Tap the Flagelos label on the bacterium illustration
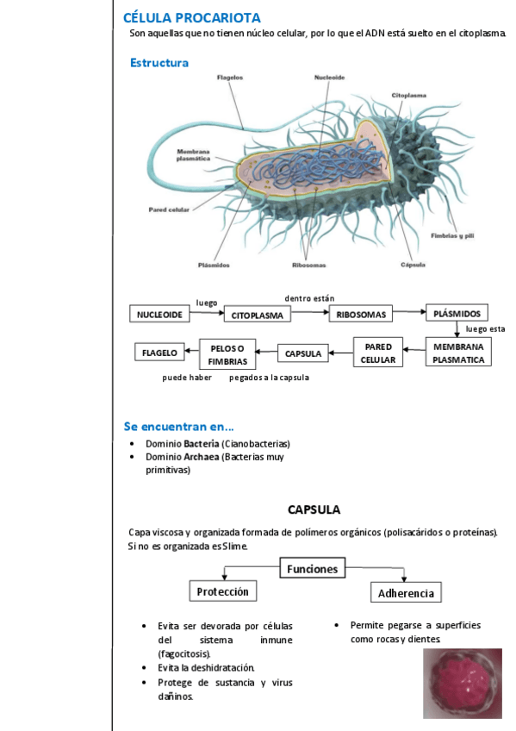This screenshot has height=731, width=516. click(229, 78)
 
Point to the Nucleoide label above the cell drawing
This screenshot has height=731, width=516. click(330, 78)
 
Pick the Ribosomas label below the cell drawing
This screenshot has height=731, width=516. click(308, 265)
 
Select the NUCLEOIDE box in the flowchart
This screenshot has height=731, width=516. click(159, 315)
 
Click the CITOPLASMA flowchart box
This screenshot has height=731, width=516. click(257, 316)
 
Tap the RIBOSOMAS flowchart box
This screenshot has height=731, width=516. click(361, 314)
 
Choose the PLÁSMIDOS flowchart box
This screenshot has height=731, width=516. click(457, 313)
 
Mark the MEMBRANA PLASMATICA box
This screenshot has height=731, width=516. click(458, 353)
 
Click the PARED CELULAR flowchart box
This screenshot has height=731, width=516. click(378, 353)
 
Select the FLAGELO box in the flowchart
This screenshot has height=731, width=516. click(159, 353)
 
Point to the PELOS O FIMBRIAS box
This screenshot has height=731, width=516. click(227, 354)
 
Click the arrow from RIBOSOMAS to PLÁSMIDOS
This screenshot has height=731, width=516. click(409, 314)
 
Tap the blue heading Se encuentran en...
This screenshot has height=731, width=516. click(179, 426)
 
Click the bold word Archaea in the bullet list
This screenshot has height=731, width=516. click(200, 457)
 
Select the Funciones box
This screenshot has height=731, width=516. click(312, 569)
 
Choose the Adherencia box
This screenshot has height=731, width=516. click(407, 594)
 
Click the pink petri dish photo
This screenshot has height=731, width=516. click(462, 683)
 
